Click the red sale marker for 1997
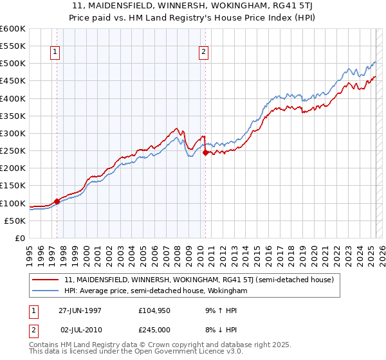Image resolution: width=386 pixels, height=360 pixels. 57,201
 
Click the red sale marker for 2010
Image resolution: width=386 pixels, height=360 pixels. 205,153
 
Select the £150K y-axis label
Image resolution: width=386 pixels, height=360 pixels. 13,186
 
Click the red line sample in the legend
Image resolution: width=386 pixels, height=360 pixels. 46,280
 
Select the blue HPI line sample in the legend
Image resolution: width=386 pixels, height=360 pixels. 46,291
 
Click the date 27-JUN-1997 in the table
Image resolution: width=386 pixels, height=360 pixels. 80,310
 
